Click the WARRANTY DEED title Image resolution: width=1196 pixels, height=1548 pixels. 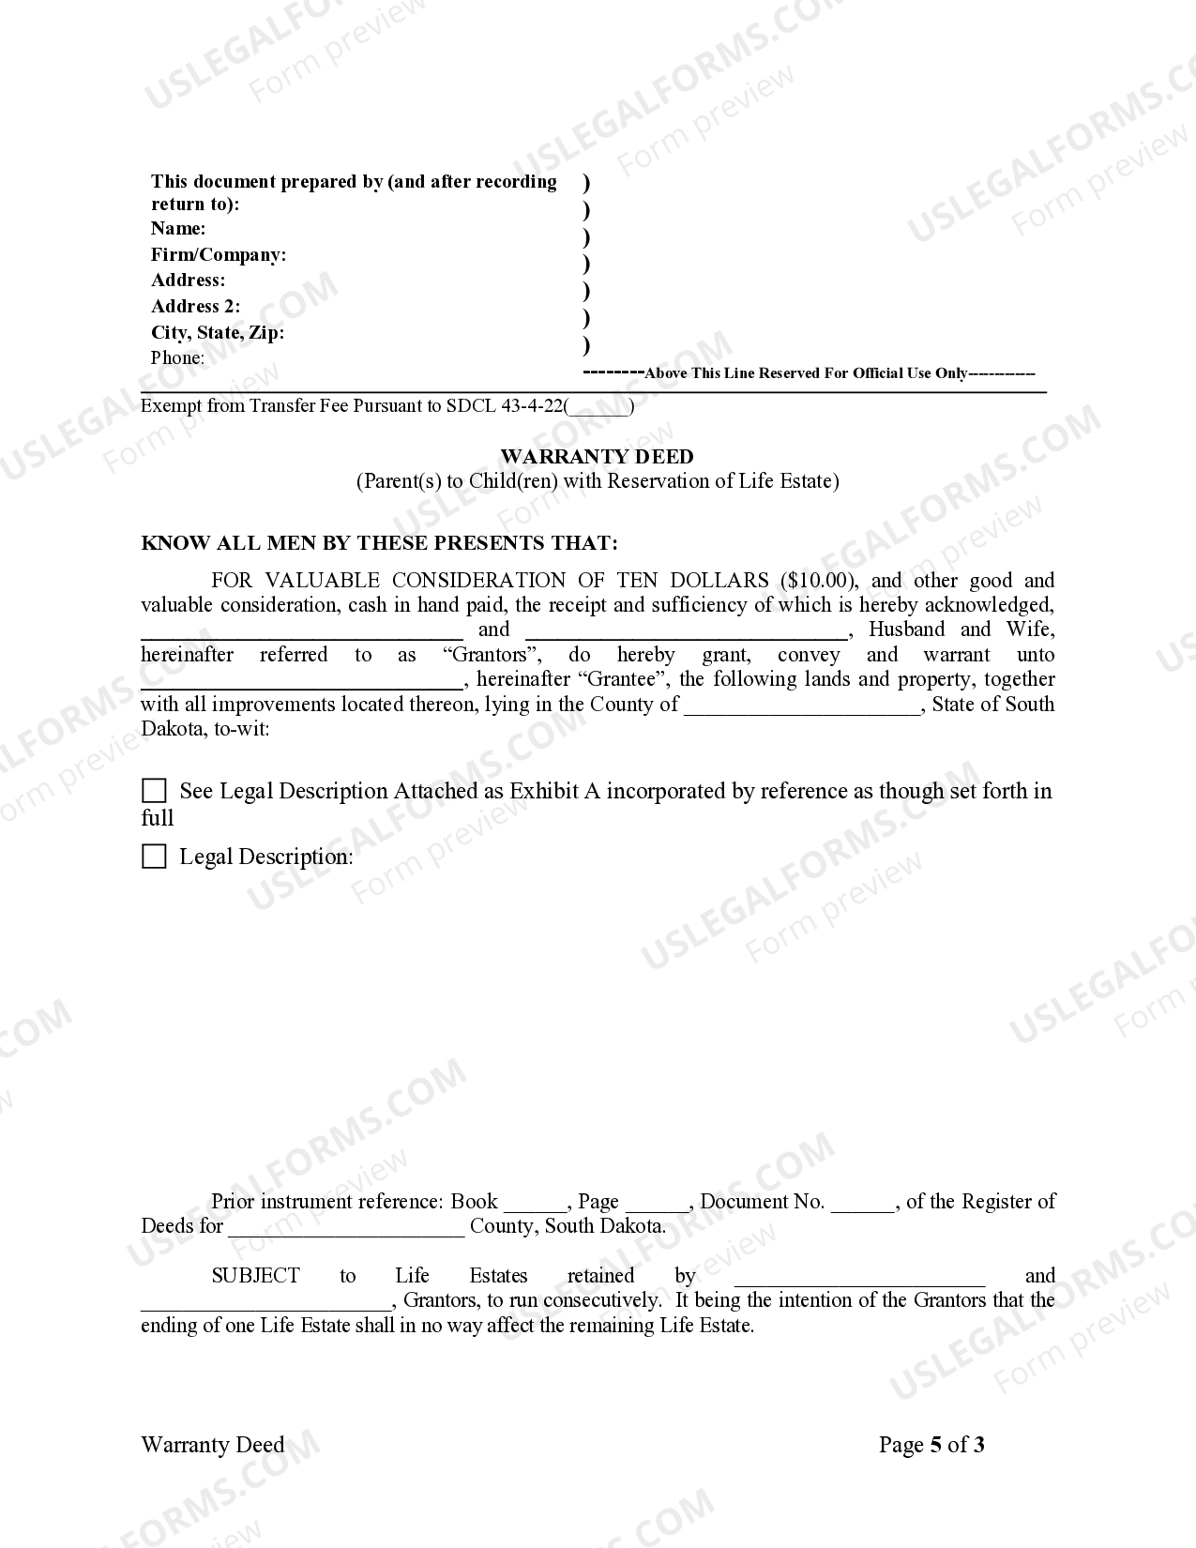597,457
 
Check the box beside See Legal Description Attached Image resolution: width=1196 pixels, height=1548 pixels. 154,791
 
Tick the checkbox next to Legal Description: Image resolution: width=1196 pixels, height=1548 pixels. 154,857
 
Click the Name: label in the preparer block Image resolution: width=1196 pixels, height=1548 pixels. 178,228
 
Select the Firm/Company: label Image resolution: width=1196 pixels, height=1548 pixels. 219,254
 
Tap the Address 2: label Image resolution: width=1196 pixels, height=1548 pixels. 195,306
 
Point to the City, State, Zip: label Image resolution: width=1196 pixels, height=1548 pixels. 218,332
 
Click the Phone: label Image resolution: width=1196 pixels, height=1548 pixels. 177,357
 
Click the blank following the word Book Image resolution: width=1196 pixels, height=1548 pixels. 536,1203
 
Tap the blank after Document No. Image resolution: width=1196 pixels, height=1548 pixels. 863,1203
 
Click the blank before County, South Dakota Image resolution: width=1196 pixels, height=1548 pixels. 346,1227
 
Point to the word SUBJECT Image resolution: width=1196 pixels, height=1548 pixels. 255,1276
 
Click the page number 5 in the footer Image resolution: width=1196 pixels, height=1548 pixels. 935,1445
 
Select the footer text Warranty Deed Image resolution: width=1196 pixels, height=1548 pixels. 212,1445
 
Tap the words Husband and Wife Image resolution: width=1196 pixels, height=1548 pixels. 961,630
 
